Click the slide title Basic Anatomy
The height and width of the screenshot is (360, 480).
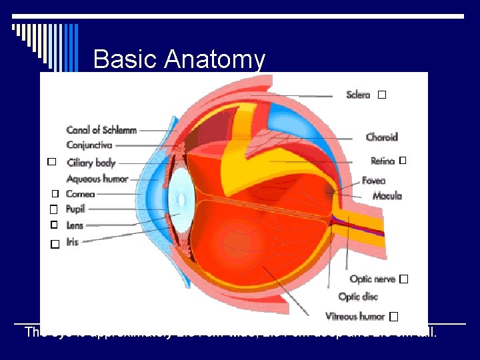(x=179, y=60)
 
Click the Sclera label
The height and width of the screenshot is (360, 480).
(x=358, y=95)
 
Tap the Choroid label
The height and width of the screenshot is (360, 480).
(x=381, y=137)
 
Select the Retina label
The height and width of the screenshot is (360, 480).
(x=383, y=161)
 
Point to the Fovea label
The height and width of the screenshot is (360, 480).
(x=373, y=181)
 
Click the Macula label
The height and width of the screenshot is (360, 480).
(x=387, y=196)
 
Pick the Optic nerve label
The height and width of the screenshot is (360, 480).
(x=372, y=279)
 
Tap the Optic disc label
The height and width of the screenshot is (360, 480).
(x=358, y=297)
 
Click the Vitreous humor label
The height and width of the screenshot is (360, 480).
(x=355, y=316)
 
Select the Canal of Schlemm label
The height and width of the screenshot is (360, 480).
(x=101, y=130)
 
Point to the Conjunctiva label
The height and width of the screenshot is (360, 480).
(x=89, y=145)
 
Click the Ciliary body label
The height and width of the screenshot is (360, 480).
(x=91, y=163)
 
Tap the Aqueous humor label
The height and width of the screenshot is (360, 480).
(x=97, y=179)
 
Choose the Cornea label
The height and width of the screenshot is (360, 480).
(x=81, y=194)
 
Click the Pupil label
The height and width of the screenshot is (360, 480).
(x=75, y=209)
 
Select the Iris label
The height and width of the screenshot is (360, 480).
(x=72, y=241)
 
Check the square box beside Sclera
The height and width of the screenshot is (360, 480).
(x=381, y=95)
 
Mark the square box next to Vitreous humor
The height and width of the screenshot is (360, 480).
(x=394, y=316)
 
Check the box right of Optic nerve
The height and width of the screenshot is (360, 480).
(x=404, y=279)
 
